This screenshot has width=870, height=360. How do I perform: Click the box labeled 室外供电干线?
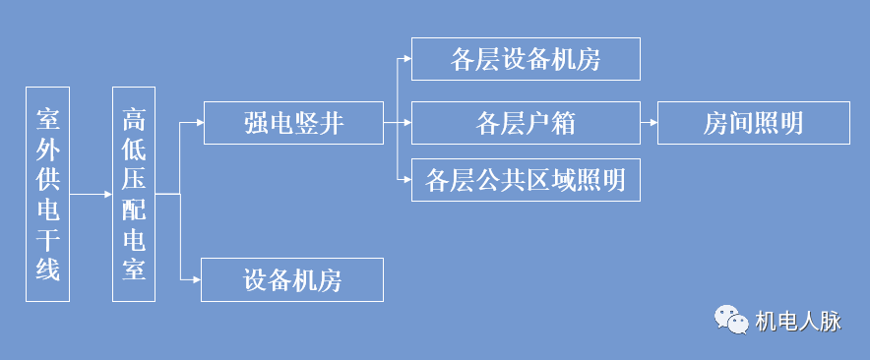48,194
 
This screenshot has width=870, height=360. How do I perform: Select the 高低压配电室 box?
134,194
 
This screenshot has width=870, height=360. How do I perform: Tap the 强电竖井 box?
292,123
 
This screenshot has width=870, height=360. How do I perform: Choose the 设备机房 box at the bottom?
291,279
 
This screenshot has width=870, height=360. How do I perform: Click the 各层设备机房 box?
526,59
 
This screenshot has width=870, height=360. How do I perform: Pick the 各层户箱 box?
526,123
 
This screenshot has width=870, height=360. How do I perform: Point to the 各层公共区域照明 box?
526,180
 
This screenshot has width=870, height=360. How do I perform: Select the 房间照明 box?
753,123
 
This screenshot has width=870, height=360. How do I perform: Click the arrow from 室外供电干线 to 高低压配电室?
92,194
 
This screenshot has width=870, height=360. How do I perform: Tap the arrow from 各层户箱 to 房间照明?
649,123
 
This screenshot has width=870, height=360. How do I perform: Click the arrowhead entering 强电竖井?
198,124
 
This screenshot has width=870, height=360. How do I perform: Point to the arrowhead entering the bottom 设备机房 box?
196,279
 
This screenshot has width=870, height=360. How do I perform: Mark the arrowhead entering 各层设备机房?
405,59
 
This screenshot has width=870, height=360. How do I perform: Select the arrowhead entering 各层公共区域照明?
405,180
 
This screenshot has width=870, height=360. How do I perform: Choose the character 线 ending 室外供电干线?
48,268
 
